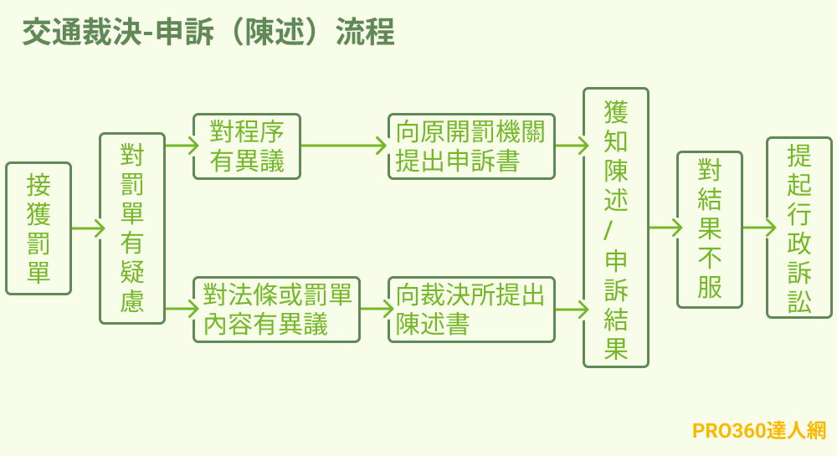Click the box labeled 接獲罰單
pyautogui.click(x=39, y=228)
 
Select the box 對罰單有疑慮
pyautogui.click(x=132, y=228)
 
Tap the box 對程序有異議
pyautogui.click(x=247, y=146)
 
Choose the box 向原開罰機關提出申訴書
pyautogui.click(x=471, y=146)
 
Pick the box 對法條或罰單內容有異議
pyautogui.click(x=276, y=310)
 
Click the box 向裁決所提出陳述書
pyautogui.click(x=471, y=310)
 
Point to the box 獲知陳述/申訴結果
pyautogui.click(x=616, y=228)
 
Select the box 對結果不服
pyautogui.click(x=710, y=229)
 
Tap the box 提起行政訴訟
pyautogui.click(x=799, y=228)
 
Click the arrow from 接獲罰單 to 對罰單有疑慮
pyautogui.click(x=87, y=228)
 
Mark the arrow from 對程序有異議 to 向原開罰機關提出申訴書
pyautogui.click(x=343, y=146)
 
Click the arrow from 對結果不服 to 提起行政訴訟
pyautogui.click(x=758, y=228)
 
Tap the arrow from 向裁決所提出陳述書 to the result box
pyautogui.click(x=571, y=310)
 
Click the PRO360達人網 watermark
pyautogui.click(x=759, y=431)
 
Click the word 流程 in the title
pyautogui.click(x=365, y=33)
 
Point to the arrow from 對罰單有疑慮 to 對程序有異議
pyautogui.click(x=181, y=146)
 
